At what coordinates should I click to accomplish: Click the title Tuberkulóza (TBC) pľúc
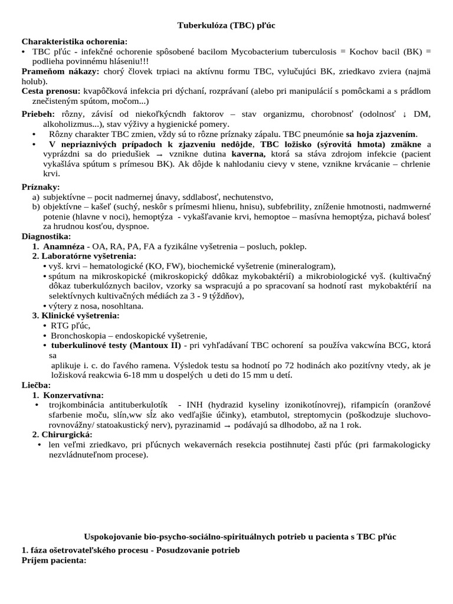[226, 26]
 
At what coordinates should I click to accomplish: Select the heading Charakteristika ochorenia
[74, 42]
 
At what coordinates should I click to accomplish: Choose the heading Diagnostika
[46, 236]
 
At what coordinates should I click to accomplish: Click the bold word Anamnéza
[64, 246]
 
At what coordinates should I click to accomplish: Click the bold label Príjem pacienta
[54, 560]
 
